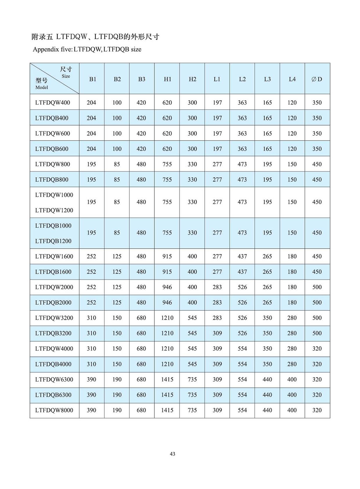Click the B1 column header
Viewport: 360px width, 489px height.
tap(92, 79)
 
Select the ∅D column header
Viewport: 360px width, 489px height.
tap(317, 79)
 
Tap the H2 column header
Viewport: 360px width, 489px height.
tap(192, 79)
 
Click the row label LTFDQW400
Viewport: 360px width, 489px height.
tap(52, 103)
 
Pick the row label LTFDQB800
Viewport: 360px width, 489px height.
tap(52, 180)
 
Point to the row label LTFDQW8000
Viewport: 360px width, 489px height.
tap(54, 410)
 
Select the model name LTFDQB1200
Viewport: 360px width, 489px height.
tap(53, 241)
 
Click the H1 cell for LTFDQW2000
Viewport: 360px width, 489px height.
tap(167, 287)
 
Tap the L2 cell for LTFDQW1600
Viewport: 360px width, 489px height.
tap(242, 256)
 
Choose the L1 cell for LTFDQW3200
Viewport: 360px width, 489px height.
tap(217, 318)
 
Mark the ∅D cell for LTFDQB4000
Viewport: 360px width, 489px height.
tap(317, 364)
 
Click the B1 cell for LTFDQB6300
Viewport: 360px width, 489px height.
tap(91, 395)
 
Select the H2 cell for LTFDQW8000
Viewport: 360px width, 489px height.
tap(192, 410)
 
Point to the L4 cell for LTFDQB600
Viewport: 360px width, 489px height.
tap(292, 149)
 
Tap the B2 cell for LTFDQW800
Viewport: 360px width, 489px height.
tap(117, 164)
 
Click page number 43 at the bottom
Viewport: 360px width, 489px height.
tap(172, 454)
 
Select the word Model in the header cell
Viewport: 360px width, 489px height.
tap(42, 87)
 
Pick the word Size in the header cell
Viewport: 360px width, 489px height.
tap(66, 76)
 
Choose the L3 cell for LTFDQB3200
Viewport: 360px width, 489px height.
tap(267, 333)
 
